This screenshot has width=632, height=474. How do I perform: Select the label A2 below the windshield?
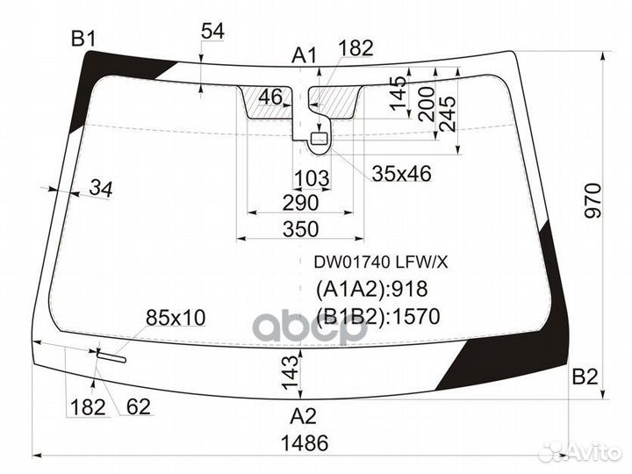[x=303, y=415]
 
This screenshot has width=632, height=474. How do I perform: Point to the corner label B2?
[x=585, y=377]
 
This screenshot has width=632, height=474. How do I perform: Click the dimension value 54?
[x=212, y=31]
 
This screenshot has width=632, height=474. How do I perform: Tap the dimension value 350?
[x=300, y=230]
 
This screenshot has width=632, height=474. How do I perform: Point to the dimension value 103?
[x=311, y=179]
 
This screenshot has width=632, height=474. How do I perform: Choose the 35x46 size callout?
[x=401, y=174]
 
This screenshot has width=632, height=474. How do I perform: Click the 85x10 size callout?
[x=175, y=318]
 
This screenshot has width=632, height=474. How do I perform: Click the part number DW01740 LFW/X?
[x=376, y=262]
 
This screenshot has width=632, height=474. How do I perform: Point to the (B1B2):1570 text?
[x=377, y=317]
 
